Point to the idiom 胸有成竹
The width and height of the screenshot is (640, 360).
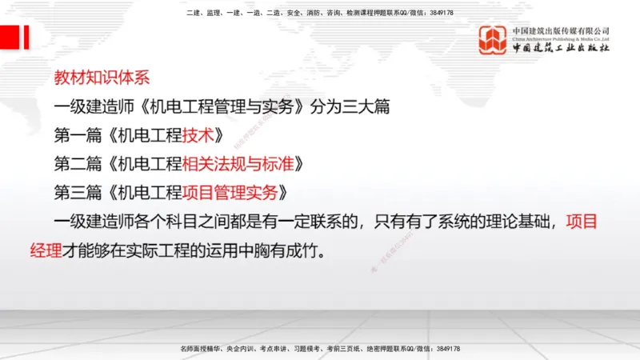coord(301,250)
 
